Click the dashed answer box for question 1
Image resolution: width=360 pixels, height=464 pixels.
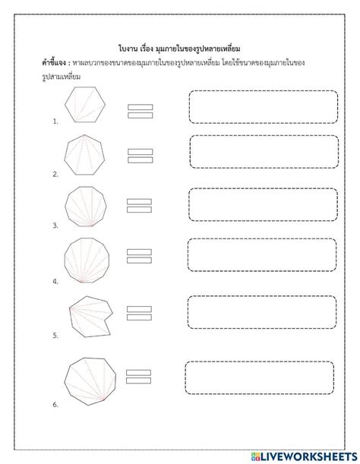[263, 107]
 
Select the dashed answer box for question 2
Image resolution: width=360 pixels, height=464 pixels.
[264, 152]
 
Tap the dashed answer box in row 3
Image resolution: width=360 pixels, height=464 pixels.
[263, 204]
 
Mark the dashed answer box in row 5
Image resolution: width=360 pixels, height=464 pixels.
[263, 313]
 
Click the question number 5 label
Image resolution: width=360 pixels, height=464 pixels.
[55, 334]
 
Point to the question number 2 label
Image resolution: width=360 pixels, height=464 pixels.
[55, 174]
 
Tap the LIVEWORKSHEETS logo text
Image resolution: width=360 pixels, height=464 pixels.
[308, 453]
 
